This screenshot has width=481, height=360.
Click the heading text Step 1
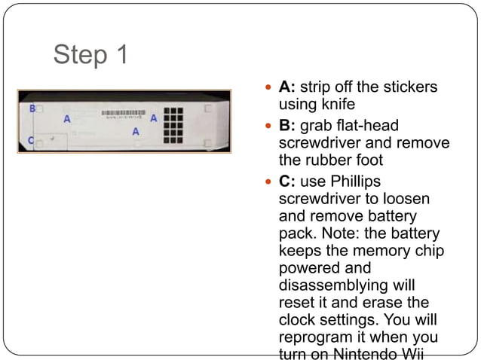91,54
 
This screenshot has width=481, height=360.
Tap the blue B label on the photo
32,109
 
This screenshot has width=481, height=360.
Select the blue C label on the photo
31,140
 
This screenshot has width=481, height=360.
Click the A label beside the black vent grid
154,118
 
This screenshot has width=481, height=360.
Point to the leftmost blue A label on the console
67,119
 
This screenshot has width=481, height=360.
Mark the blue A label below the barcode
136,132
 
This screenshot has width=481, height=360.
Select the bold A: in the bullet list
286,87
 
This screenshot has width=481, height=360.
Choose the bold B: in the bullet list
286,125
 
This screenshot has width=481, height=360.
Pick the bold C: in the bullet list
286,181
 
